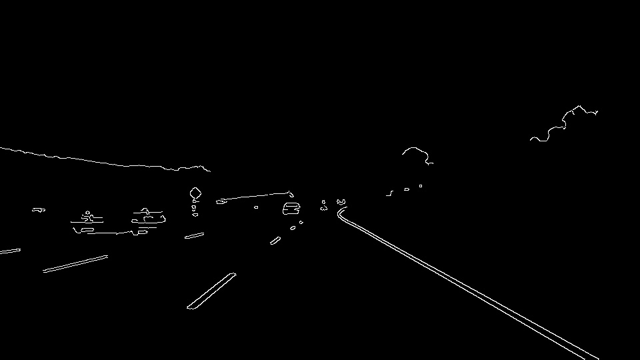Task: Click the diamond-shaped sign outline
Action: [x=195, y=193]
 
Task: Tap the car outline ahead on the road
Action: [x=291, y=209]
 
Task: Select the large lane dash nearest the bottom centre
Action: [x=211, y=291]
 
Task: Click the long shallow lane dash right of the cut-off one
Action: [x=75, y=263]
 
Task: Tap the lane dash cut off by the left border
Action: [x=9, y=251]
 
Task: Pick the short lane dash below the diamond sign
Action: [x=194, y=235]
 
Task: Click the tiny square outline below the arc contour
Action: [x=421, y=186]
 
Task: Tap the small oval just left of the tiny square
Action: [x=407, y=189]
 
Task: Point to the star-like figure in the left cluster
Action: [x=87, y=216]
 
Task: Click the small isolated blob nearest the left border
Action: [x=39, y=209]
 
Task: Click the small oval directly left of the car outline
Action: [x=256, y=207]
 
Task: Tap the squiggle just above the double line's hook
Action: [x=341, y=201]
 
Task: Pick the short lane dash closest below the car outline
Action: [x=293, y=228]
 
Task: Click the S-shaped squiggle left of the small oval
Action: [x=390, y=194]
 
